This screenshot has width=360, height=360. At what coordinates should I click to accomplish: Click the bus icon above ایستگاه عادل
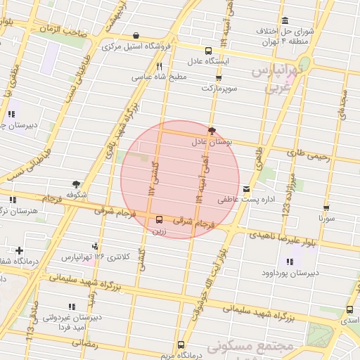click(208, 51)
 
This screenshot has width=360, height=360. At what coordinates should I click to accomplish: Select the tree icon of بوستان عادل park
click(212, 130)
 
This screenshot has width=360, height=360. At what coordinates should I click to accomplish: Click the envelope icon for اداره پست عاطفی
click(246, 188)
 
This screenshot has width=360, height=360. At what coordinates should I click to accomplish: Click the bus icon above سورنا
click(326, 208)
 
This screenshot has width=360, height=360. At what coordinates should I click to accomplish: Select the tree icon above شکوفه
click(76, 184)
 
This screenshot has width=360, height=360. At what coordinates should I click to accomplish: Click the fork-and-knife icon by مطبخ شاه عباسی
click(159, 67)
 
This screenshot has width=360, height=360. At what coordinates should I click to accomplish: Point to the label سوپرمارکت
click(221, 89)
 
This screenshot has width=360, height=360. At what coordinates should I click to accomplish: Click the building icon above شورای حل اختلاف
click(285, 20)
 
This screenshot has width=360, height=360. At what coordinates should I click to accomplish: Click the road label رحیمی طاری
click(308, 152)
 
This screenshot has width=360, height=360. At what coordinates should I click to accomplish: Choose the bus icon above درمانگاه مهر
click(181, 345)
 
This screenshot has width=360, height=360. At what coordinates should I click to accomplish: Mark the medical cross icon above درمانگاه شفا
click(19, 250)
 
